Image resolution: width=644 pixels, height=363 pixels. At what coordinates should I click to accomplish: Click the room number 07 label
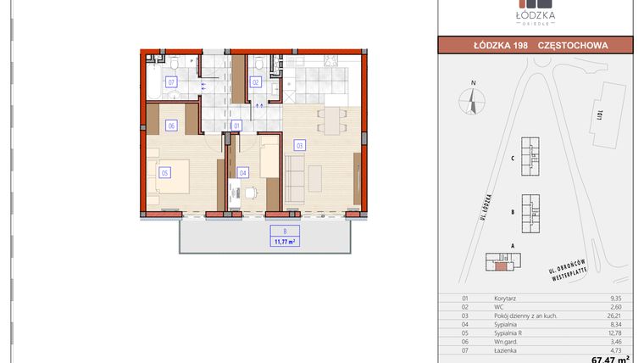(x=171, y=82)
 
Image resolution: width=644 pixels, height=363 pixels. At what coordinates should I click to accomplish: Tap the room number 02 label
(x=255, y=82)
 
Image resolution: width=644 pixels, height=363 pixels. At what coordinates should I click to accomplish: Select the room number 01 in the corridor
(x=237, y=125)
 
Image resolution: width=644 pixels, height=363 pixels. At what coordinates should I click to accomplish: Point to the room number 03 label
(x=299, y=145)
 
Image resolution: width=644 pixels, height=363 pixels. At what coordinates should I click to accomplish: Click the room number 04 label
(x=243, y=172)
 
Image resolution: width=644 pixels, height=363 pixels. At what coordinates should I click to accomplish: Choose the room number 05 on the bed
(x=164, y=172)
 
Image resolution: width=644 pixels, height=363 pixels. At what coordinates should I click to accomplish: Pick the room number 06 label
(x=171, y=126)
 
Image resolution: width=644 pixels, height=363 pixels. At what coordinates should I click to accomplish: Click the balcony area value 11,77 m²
(x=285, y=241)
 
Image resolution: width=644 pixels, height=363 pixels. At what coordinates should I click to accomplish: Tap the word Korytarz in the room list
(x=506, y=299)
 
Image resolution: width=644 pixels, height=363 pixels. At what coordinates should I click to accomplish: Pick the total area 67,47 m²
(x=610, y=358)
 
